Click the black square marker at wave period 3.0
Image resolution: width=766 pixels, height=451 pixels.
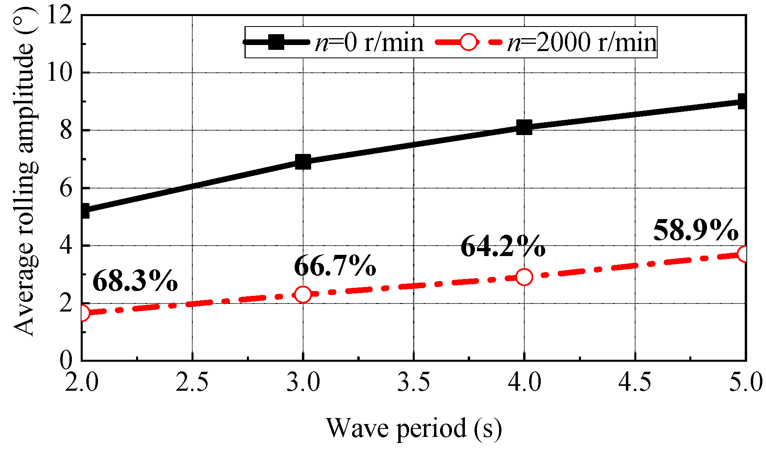point(303,162)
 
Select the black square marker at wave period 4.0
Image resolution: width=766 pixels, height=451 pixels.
point(524,127)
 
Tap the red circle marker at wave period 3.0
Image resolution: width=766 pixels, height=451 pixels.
point(303,294)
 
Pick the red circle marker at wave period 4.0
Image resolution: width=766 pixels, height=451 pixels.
point(524,277)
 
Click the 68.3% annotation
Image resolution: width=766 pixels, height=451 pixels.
point(135,281)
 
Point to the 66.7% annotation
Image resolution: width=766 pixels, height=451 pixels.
point(335,266)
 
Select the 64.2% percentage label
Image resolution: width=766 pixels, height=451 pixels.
point(503,246)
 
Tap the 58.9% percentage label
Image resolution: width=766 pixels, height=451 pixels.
point(695,230)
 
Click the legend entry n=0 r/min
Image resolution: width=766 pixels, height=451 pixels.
point(369,42)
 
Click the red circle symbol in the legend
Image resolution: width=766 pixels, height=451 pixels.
point(468,42)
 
